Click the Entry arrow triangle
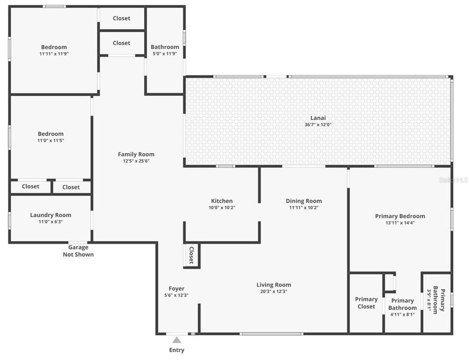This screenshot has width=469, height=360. pos(176,340)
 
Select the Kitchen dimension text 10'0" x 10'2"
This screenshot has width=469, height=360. pos(221,207)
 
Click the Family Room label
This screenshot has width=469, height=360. pos(136,154)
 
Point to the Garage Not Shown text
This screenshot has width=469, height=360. pos(78,251)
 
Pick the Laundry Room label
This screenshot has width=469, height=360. pos(50,215)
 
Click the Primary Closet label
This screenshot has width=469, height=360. pos(366,303)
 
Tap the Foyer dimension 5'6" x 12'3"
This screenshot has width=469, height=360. pos(176,295)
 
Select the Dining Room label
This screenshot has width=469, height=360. pos(303,201)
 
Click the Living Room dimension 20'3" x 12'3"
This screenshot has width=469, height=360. pos(273,291)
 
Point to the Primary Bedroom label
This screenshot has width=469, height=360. pos(400,216)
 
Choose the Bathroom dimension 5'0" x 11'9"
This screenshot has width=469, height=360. pos(165,53)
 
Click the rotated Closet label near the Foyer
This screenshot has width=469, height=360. pos(191,255)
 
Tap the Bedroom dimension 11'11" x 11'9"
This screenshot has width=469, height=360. pos(54,53)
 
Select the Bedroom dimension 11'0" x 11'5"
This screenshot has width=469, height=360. pos(50,140)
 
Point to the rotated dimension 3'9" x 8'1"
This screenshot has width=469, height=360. pos(429,299)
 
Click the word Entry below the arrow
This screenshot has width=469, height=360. pos(176,350)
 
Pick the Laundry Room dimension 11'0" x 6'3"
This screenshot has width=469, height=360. pos(50,221)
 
